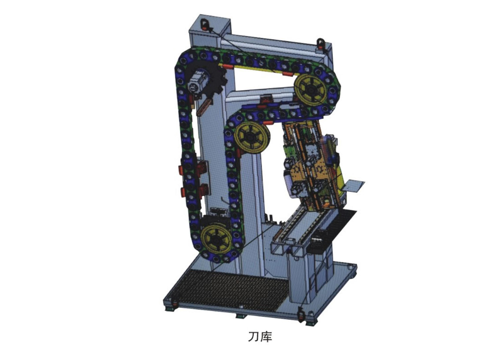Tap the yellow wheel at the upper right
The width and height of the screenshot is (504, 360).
pyautogui.click(x=311, y=90)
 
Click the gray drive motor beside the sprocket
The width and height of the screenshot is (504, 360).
pyautogui.click(x=197, y=82)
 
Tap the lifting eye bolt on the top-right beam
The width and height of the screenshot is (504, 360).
pyautogui.click(x=320, y=44)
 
